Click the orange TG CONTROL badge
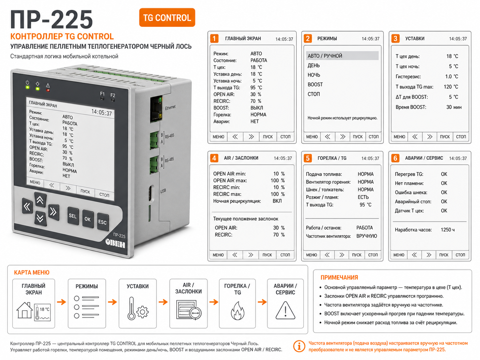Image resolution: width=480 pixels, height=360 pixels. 167,18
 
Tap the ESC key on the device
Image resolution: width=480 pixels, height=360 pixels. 102,222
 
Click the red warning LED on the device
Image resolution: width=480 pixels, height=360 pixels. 48,90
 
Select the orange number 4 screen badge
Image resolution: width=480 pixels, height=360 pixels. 214,158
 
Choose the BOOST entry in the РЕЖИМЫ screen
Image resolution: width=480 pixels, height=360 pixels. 315,85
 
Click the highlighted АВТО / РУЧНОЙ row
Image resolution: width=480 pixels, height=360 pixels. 342,56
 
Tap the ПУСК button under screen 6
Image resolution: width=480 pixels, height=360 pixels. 444,255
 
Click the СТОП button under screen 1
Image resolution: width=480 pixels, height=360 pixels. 285,137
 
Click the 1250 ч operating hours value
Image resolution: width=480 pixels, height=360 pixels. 448,230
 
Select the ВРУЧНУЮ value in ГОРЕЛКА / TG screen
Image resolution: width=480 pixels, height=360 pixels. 367,236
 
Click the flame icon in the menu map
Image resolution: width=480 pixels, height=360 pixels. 237,311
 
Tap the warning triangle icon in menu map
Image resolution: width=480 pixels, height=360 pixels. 285,310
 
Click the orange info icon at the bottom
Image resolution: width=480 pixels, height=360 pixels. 299,346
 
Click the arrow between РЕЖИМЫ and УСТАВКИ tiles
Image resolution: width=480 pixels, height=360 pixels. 112,302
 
